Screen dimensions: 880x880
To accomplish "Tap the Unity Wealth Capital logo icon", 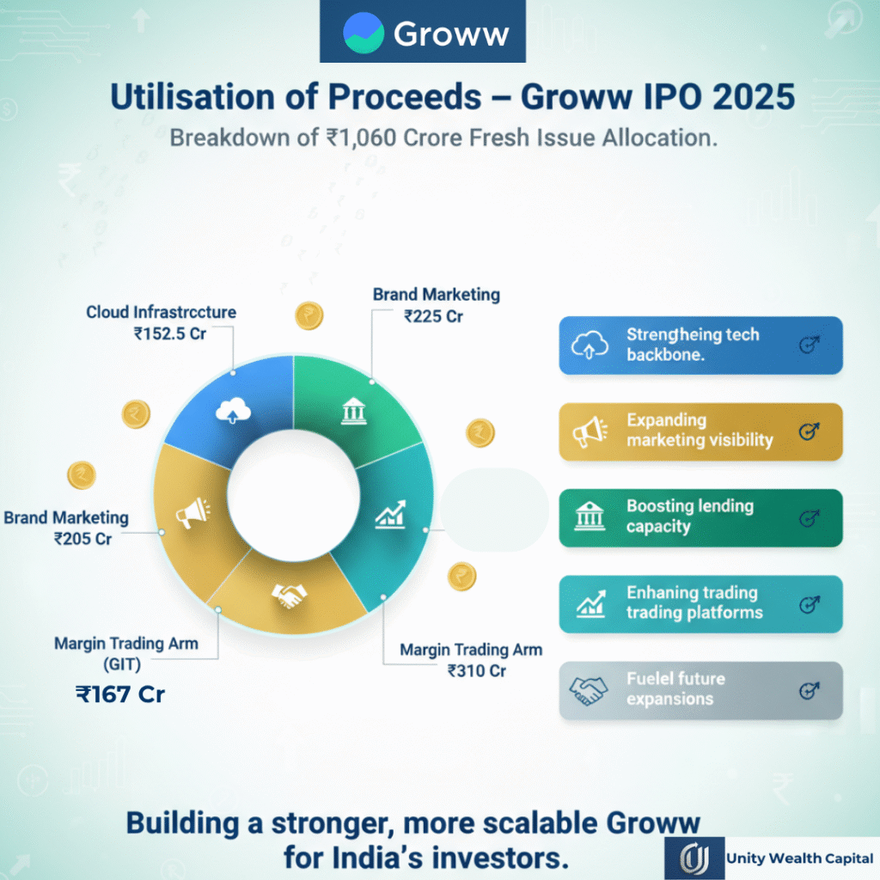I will (693, 858).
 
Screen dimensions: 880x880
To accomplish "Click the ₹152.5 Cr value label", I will (169, 333).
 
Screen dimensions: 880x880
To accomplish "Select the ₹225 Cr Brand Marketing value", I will (434, 316).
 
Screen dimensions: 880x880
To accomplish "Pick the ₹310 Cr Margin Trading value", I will (477, 671).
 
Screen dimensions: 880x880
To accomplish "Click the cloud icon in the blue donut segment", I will (233, 412).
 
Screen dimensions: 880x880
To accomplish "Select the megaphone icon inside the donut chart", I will (192, 514).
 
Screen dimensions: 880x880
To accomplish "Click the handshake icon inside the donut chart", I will (288, 596).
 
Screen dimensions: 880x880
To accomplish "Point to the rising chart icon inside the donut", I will (390, 516).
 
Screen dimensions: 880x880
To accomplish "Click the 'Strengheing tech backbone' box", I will (700, 345).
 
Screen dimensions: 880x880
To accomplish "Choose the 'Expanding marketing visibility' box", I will (700, 431).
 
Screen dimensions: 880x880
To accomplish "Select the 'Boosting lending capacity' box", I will (700, 517).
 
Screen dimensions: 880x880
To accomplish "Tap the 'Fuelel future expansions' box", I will (700, 689).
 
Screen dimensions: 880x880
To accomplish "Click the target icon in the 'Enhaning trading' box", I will (809, 604).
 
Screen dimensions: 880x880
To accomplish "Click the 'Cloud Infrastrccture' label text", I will (161, 312).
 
